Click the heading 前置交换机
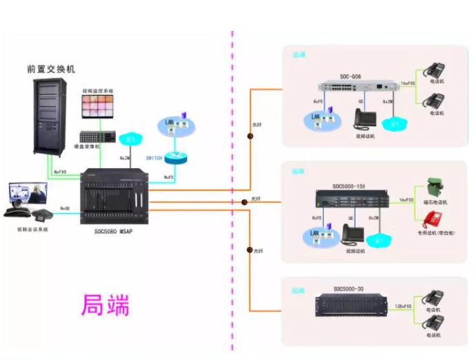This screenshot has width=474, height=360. (x=52, y=69)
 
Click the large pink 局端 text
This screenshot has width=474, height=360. (x=105, y=303)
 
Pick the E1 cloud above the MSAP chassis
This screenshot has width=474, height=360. (x=129, y=139)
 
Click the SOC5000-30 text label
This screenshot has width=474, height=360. (x=349, y=288)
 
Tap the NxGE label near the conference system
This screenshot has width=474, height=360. (x=64, y=208)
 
